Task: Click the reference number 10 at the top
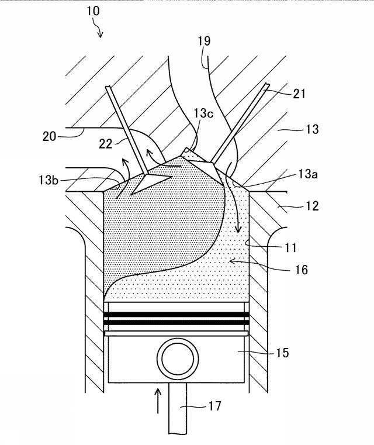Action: pos(93,11)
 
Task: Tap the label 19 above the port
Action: pos(204,41)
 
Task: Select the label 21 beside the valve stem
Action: pos(299,94)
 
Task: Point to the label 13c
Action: pos(203,113)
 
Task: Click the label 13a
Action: pos(308,174)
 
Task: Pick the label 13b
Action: pos(49,180)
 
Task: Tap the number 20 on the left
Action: pos(50,136)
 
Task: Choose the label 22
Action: pos(106,144)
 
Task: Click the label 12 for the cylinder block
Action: pos(312,206)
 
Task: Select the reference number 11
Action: pos(290,248)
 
